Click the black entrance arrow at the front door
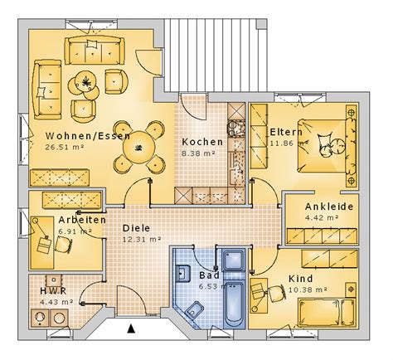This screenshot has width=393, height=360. tap(132, 328)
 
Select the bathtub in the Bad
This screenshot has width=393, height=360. tap(234, 304)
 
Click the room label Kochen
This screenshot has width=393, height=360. tap(202, 142)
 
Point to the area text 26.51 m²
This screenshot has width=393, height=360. tap(65, 147)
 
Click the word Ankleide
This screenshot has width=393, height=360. tap(329, 207)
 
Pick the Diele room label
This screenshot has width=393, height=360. tap(136, 228)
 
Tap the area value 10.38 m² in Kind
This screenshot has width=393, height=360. tap(308, 289)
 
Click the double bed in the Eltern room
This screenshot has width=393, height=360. tap(323, 146)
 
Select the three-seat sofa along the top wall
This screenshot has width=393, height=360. tap(95, 51)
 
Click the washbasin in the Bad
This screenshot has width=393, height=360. tap(182, 273)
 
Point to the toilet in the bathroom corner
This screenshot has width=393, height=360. tap(194, 310)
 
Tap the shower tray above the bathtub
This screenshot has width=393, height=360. tap(234, 260)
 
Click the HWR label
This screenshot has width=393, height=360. tap(53, 291)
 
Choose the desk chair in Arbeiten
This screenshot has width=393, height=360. tap(64, 245)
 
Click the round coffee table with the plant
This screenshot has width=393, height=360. tap(86, 80)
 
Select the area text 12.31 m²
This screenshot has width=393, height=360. tap(142, 240)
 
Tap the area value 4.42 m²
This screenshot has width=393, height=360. tap(322, 217)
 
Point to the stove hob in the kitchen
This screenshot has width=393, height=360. tap(236, 129)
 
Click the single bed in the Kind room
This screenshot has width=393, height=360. tap(327, 313)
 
